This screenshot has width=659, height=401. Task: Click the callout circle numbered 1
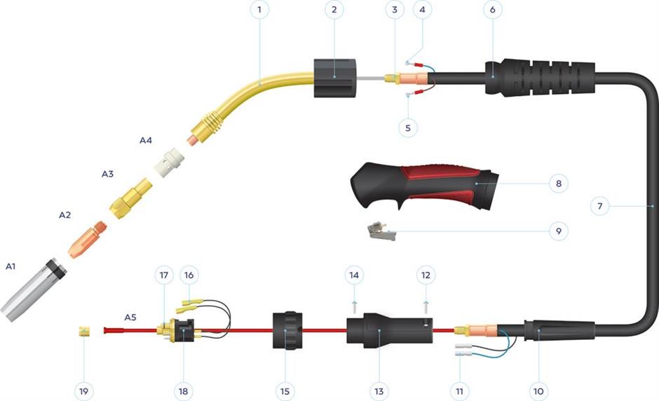pyautogui.click(x=259, y=9)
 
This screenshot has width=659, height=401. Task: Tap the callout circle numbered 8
pyautogui.click(x=559, y=183)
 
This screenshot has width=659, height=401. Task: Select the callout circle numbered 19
pyautogui.click(x=83, y=391)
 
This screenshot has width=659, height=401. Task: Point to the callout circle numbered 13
pyautogui.click(x=379, y=391)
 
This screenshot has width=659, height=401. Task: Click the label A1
pyautogui.click(x=11, y=266)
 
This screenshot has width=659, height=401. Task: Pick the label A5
pyautogui.click(x=130, y=317)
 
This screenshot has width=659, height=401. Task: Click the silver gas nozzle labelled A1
pyautogui.click(x=34, y=290)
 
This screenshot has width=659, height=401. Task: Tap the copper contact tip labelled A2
pyautogui.click(x=88, y=240)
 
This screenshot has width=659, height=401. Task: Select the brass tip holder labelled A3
pyautogui.click(x=131, y=198)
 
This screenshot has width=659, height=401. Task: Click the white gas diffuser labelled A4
pyautogui.click(x=169, y=162)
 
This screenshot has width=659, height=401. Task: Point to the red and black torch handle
pyautogui.click(x=424, y=186)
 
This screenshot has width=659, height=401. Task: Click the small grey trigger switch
pyautogui.click(x=381, y=231)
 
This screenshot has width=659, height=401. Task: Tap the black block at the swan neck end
pyautogui.click(x=335, y=79)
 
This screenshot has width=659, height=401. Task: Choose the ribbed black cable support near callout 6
pyautogui.click(x=540, y=79)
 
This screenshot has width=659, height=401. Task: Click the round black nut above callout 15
pyautogui.click(x=287, y=330)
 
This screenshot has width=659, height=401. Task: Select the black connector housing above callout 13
pyautogui.click(x=389, y=330)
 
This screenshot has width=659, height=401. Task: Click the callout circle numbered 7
pyautogui.click(x=599, y=206)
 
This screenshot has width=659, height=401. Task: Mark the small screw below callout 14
pyautogui.click(x=354, y=307)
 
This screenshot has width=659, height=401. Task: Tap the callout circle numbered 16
pyautogui.click(x=189, y=275)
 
